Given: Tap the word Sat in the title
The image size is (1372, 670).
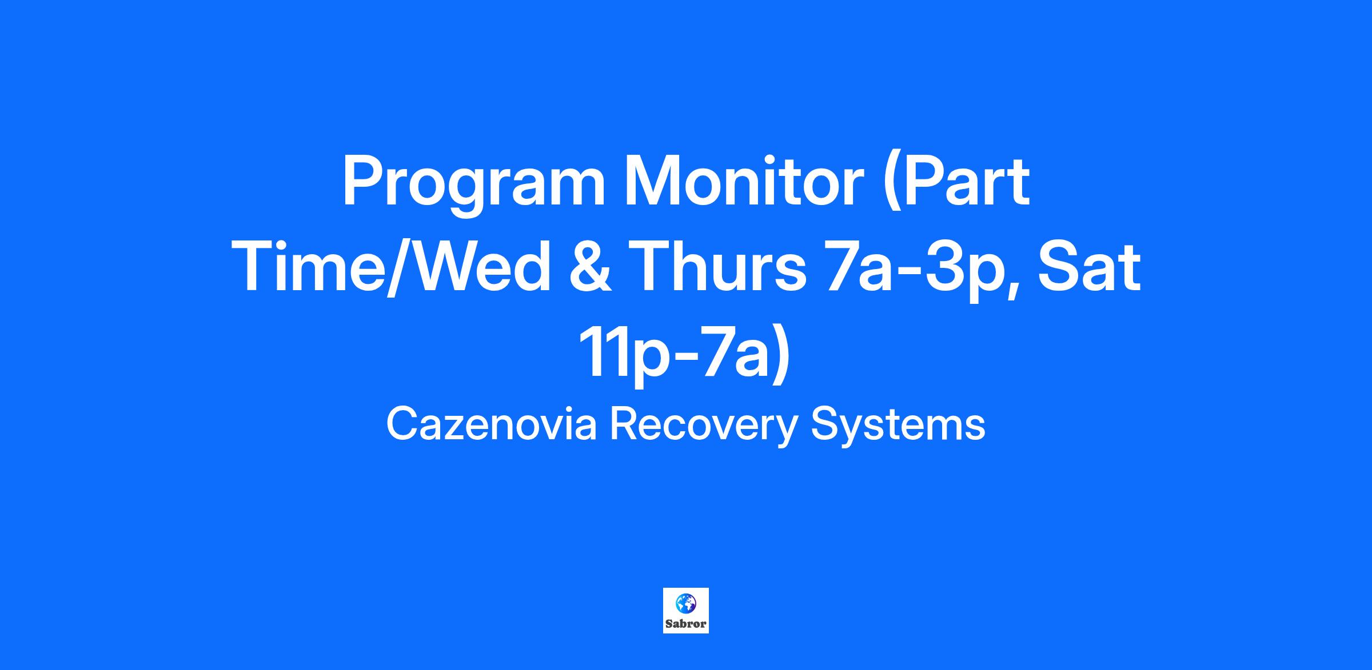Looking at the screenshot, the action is [1089, 267].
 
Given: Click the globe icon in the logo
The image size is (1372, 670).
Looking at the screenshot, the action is [685, 604].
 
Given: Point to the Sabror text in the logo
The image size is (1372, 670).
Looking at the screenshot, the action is [685, 624].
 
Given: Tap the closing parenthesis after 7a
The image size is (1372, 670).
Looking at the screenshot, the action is [781, 354].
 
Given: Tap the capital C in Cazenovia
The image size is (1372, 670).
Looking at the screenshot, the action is [402, 424].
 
